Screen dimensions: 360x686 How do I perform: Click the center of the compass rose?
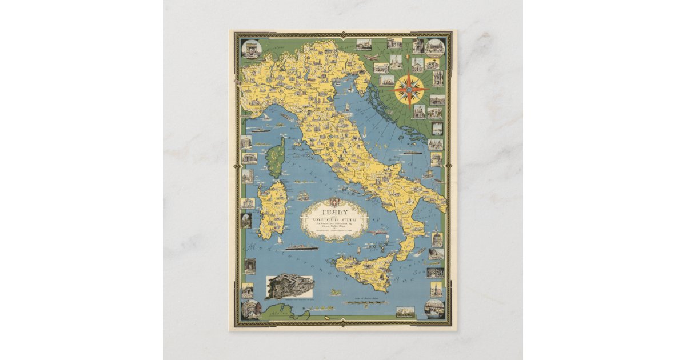point(409,89)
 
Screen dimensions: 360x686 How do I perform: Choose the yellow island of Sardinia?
point(272,206)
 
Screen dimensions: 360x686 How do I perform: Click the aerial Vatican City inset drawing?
point(290,286)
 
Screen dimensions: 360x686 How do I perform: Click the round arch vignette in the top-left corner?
point(251,49)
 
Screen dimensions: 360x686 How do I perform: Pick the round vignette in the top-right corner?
point(434,47)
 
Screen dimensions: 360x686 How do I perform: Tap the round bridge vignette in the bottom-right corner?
point(434,309)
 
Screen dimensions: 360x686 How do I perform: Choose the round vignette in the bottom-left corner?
point(251,309)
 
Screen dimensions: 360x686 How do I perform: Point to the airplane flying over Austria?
point(370,57)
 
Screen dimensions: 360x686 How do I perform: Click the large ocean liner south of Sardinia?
point(302,247)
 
